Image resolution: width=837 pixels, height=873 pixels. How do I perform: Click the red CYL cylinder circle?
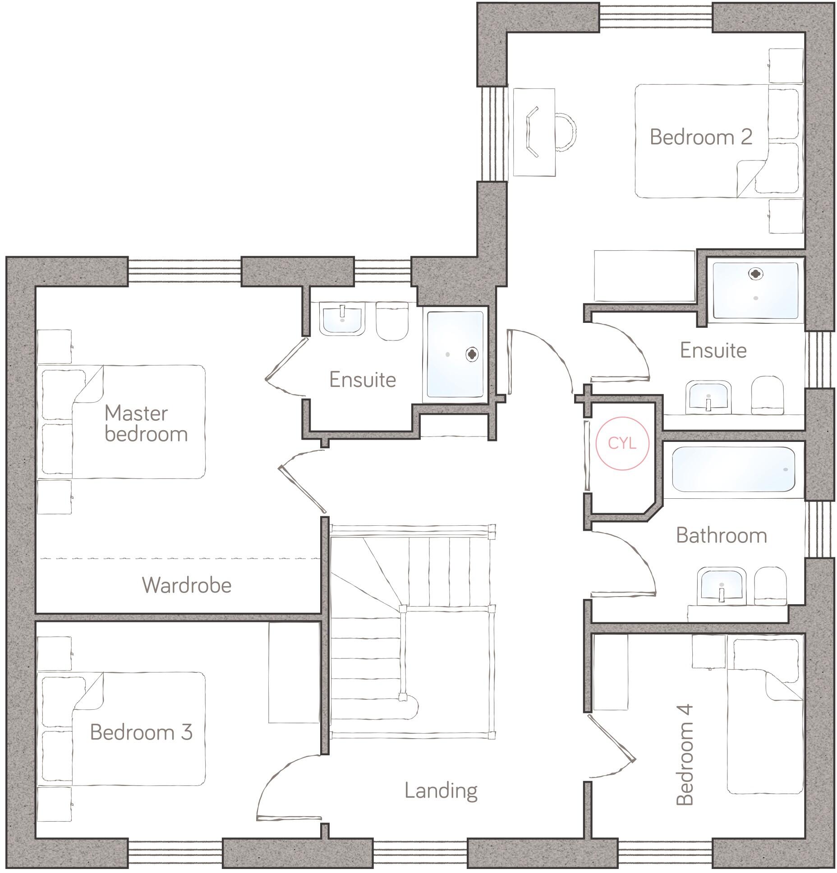point(622,443)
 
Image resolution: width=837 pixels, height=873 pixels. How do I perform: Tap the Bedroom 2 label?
point(701,137)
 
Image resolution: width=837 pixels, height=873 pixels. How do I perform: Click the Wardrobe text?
point(187,585)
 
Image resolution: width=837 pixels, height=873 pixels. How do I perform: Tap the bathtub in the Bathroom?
point(733,469)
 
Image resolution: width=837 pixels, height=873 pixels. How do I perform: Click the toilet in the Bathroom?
point(770,586)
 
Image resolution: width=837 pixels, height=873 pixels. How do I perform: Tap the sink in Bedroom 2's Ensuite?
point(708,396)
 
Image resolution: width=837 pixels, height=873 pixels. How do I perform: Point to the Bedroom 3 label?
point(141,732)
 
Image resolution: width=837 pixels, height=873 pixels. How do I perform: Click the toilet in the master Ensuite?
point(392,321)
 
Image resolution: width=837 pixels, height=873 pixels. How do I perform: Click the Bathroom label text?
point(722,535)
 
